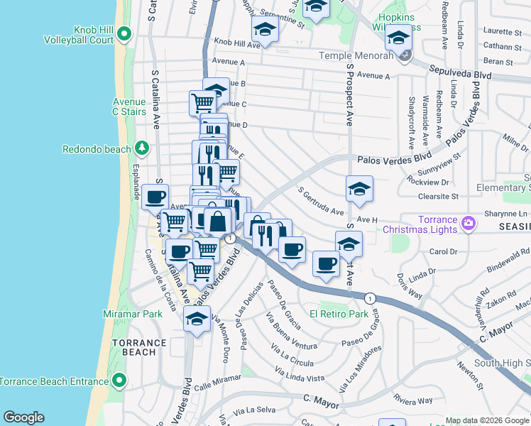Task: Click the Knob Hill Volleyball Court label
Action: tap(92, 35)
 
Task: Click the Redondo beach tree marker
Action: tap(143, 148)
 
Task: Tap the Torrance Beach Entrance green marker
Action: tap(120, 381)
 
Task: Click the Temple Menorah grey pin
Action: tap(404, 56)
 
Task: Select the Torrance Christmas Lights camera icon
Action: tap(468, 224)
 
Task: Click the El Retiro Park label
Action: tap(339, 313)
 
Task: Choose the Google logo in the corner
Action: tap(23, 417)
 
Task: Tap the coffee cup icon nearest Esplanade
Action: tap(155, 197)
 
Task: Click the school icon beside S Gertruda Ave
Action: tap(359, 188)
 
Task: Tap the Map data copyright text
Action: tap(487, 420)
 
